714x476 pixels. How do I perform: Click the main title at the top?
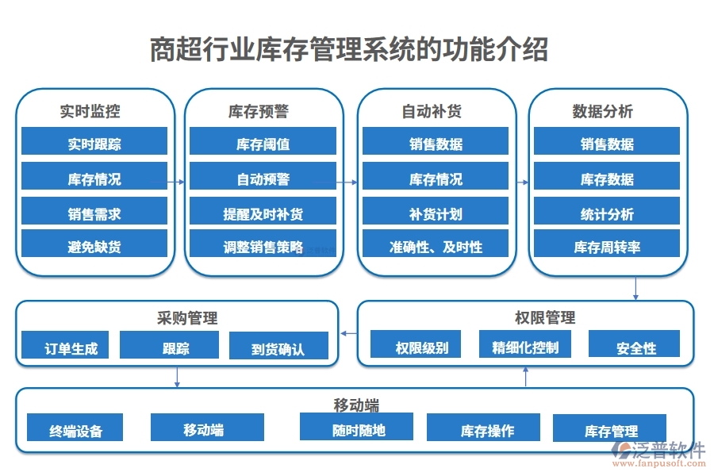tap(349, 50)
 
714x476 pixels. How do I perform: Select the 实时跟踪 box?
tap(94, 144)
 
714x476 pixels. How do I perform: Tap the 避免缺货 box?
tap(94, 247)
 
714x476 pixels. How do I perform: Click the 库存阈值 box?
tap(263, 144)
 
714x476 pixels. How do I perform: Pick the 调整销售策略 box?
tap(263, 247)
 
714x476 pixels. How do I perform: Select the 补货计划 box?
tap(435, 213)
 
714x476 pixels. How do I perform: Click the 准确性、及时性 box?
tap(435, 247)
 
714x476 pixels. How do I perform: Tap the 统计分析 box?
tap(606, 213)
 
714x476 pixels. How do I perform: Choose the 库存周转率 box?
tap(606, 247)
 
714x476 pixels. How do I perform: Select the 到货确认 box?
tap(278, 347)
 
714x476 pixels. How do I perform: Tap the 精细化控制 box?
tap(524, 346)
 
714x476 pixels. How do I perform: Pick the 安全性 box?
tap(635, 347)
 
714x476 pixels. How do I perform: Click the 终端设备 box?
tap(75, 430)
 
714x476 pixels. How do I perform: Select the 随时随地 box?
tap(356, 428)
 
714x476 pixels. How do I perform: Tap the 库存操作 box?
tap(483, 430)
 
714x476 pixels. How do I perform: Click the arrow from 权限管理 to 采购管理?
tap(348, 334)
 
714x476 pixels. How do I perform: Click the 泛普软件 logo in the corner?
tap(659, 453)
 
